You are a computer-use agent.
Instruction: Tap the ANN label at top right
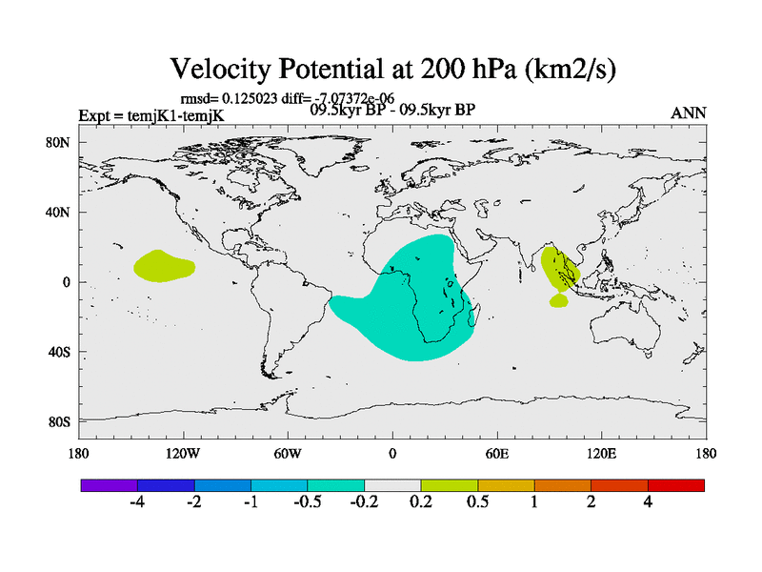(689, 112)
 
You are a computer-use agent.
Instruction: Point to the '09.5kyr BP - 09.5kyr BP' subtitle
(393, 109)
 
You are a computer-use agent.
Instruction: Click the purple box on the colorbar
(109, 485)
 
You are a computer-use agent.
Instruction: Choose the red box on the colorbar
(676, 485)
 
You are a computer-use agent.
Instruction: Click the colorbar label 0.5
(477, 502)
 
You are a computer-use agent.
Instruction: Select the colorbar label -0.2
(364, 502)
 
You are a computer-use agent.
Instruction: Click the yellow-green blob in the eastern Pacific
(162, 266)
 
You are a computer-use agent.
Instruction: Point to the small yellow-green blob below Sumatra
(558, 300)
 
